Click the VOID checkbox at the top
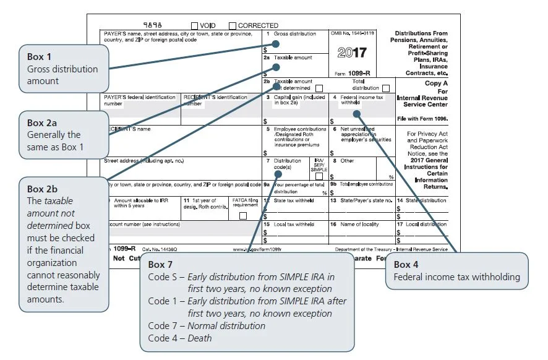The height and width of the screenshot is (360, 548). click(x=195, y=25)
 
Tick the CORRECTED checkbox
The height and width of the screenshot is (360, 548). click(x=233, y=25)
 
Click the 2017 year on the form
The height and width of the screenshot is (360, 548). click(x=352, y=53)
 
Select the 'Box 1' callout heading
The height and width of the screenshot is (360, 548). click(x=40, y=57)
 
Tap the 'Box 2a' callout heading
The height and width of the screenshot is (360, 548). click(x=43, y=123)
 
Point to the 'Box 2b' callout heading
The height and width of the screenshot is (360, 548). click(x=43, y=189)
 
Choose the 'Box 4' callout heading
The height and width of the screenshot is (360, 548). click(x=410, y=265)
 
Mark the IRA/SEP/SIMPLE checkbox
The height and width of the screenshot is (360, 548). click(x=319, y=176)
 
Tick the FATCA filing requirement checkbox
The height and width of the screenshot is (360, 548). click(x=242, y=215)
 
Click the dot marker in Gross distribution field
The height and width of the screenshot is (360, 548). click(x=276, y=44)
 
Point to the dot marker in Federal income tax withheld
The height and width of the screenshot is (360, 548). click(x=356, y=113)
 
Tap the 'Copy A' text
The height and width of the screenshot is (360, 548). click(x=437, y=83)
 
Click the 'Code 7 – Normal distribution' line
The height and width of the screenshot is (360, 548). click(x=207, y=325)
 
